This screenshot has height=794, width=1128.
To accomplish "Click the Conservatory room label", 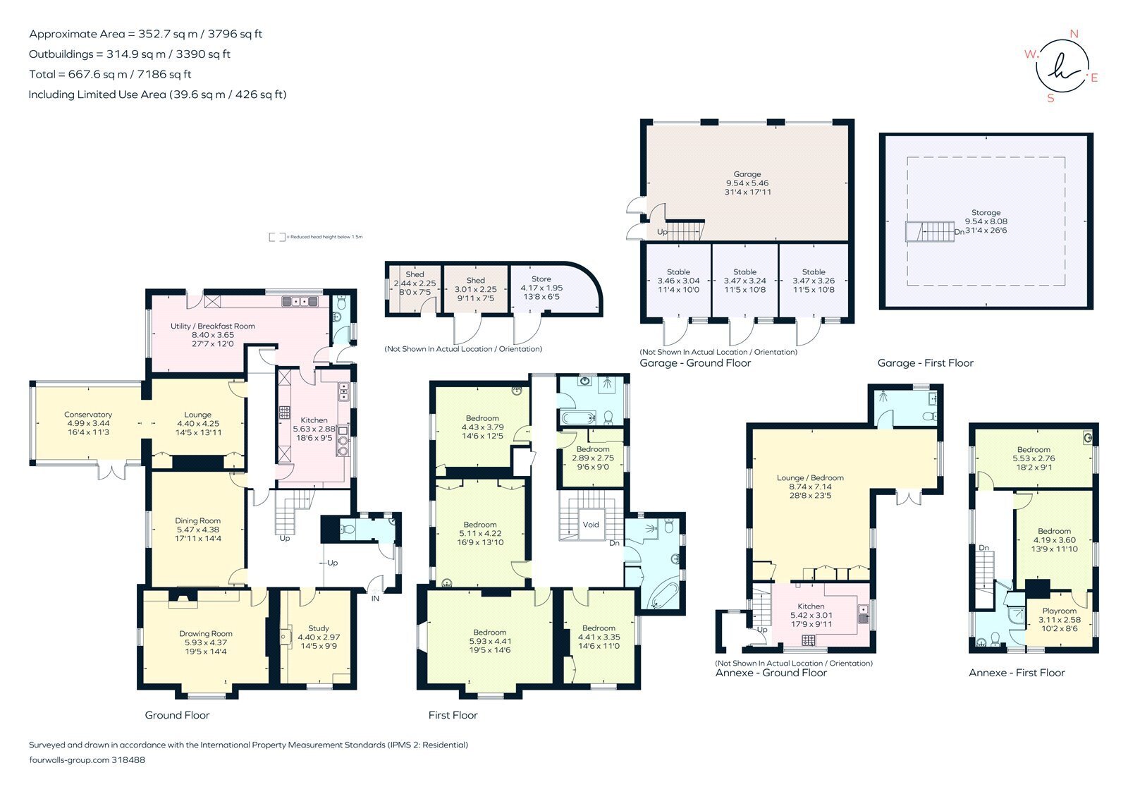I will click(88, 415).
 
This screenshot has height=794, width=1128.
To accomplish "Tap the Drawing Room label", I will click(205, 633).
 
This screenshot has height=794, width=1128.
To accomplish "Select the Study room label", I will click(319, 628).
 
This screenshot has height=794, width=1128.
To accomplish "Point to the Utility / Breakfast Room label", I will click(212, 326).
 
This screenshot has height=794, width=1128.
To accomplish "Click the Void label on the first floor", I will click(591, 524).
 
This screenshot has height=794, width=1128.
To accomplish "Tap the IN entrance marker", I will click(375, 598).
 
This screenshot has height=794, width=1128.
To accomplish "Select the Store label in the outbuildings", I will click(541, 279).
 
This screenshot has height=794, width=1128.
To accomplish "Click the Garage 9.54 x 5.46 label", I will click(747, 183).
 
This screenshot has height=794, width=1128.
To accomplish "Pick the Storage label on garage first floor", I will click(986, 212).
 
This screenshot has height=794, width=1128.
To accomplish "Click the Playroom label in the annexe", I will click(1059, 611).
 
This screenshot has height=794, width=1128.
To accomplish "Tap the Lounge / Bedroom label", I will click(810, 477).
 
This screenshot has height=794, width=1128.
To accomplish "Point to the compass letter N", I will click(1074, 34).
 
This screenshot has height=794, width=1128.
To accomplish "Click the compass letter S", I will click(1050, 98).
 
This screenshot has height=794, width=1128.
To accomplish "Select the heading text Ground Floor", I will click(177, 715).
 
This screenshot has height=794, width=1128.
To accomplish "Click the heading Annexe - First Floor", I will click(1017, 673).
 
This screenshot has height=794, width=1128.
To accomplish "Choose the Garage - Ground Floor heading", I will click(695, 363).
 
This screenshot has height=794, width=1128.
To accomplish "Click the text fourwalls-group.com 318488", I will click(87, 760).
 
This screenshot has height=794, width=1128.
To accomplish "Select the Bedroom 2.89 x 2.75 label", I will click(592, 449).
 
